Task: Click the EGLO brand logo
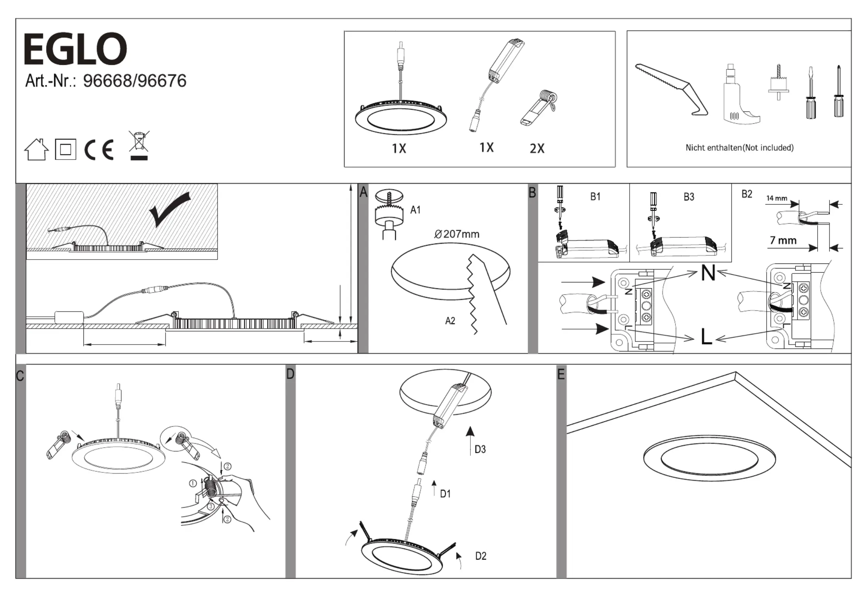tap(75, 49)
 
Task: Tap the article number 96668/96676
tap(134, 81)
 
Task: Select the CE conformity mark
tap(99, 149)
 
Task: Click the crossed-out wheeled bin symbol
tap(139, 145)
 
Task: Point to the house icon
tap(36, 149)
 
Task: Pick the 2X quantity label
tap(537, 148)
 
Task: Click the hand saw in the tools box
tap(671, 89)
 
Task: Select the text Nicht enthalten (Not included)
tap(739, 148)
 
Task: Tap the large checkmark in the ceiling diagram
tap(170, 209)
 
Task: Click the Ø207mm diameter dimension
tap(456, 234)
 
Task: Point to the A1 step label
tap(415, 210)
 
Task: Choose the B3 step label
tap(689, 197)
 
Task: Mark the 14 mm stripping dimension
tap(777, 198)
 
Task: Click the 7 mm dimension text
tap(783, 240)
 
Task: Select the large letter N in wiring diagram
tap(708, 273)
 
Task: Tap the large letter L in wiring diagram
tap(706, 337)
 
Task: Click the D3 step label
tap(480, 449)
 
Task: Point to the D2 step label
tap(481, 556)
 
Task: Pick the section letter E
tap(561, 374)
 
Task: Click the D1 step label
tap(445, 494)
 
